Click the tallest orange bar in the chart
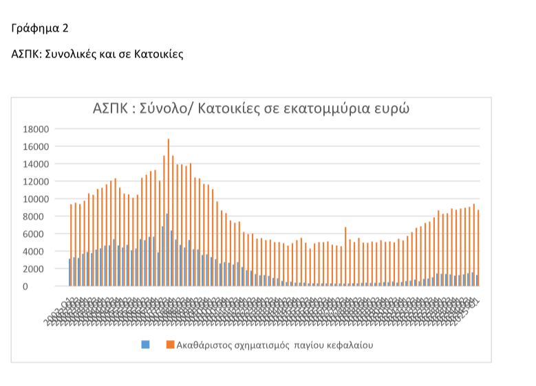coord(168,213)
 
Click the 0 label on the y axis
coord(45,286)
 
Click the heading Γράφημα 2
coord(39,28)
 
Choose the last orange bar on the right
coord(478,248)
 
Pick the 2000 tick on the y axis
coord(36,269)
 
